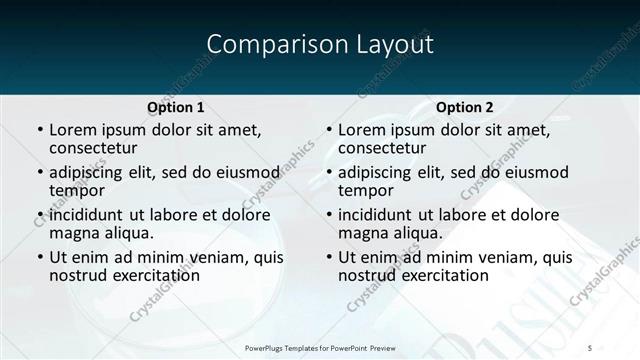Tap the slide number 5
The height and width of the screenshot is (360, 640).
tap(590, 346)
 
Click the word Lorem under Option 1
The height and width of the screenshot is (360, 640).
tap(72, 130)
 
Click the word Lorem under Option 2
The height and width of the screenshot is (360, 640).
tap(361, 130)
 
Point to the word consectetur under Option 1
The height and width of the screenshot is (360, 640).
tap(95, 149)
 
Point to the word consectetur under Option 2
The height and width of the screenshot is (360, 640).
tap(384, 149)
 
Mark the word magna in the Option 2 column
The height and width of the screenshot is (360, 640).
tap(361, 233)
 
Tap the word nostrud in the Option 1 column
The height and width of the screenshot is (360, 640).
tap(77, 275)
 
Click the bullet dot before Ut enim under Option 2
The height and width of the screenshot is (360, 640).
tap(328, 257)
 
